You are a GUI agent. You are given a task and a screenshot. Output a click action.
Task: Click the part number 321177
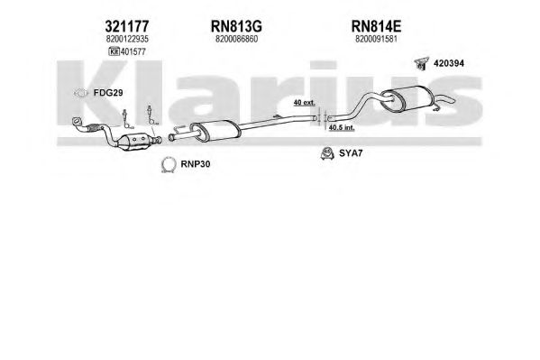[127, 26]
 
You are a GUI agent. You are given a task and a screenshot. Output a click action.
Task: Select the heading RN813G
[236, 26]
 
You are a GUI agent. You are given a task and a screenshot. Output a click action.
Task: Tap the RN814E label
[376, 26]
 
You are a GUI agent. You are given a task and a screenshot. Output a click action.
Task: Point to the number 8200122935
[127, 39]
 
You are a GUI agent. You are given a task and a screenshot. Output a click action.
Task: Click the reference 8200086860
[236, 39]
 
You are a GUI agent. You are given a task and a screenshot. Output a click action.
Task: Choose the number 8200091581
[377, 39]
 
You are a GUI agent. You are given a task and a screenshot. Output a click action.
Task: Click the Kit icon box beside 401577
[114, 51]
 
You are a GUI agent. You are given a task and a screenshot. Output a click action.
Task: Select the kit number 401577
[133, 51]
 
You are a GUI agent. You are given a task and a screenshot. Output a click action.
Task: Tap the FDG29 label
[108, 93]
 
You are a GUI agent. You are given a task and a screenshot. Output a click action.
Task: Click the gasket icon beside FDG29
[80, 93]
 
